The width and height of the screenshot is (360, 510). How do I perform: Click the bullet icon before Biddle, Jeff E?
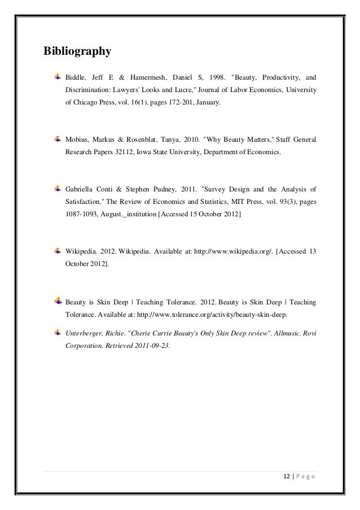[58, 76]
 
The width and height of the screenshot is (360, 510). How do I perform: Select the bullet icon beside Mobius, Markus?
[58, 138]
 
